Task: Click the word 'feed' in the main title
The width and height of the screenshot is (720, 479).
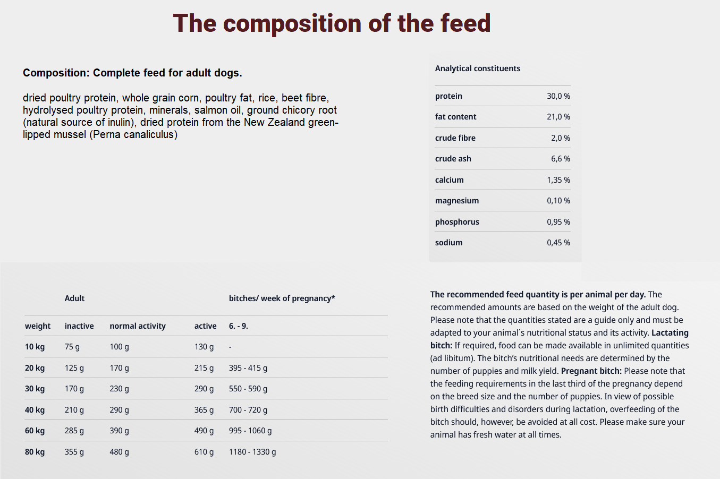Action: tap(465, 23)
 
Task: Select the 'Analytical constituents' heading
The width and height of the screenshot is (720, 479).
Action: tap(477, 69)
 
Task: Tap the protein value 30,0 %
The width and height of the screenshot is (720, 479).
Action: tap(558, 96)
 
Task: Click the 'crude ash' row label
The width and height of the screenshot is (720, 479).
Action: tap(453, 159)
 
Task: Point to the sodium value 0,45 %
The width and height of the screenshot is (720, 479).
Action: tap(558, 243)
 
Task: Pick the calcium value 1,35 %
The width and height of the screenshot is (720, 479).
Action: tap(558, 180)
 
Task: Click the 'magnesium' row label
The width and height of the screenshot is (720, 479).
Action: tap(456, 201)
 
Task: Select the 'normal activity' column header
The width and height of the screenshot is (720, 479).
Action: tap(137, 326)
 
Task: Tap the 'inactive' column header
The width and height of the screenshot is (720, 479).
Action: tap(79, 326)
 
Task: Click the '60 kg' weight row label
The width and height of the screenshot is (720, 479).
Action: tap(35, 431)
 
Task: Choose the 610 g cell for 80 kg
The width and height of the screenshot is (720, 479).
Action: tap(204, 452)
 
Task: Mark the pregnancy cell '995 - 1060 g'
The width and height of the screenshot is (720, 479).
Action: tap(250, 431)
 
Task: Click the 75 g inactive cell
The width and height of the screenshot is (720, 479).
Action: tap(72, 347)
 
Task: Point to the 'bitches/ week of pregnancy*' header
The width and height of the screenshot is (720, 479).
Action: tap(282, 298)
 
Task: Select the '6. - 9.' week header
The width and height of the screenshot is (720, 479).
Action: tap(238, 326)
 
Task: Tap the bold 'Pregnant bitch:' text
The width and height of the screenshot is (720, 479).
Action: tap(591, 371)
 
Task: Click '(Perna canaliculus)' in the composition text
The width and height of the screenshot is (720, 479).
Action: tap(133, 135)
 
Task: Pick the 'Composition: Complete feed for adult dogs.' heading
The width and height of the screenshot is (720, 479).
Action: tap(132, 73)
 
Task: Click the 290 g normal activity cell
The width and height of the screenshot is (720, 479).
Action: tap(119, 410)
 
